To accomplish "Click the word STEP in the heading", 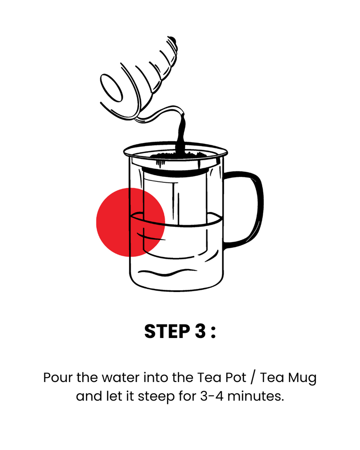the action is coord(167,332).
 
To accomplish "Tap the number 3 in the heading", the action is coord(200,332).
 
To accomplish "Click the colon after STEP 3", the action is coord(213,333).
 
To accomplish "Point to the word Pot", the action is coord(236,378).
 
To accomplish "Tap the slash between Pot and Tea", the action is coord(252,378).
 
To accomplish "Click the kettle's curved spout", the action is coord(161,113).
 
